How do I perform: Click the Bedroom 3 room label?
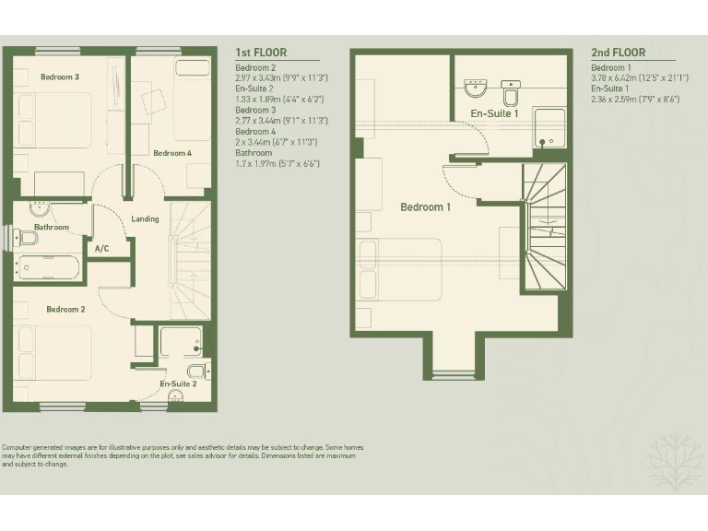pyautogui.click(x=59, y=77)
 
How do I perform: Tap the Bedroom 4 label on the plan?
pyautogui.click(x=172, y=153)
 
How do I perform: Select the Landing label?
pyautogui.click(x=145, y=219)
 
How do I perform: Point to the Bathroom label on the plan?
pyautogui.click(x=52, y=227)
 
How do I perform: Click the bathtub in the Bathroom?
pyautogui.click(x=47, y=268)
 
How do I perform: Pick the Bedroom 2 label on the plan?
pyautogui.click(x=65, y=310)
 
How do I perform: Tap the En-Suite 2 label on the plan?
pyautogui.click(x=178, y=383)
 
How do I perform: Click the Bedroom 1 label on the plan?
pyautogui.click(x=425, y=207)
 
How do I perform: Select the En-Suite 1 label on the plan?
pyautogui.click(x=494, y=113)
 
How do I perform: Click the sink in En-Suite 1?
pyautogui.click(x=475, y=88)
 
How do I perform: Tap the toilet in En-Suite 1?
pyautogui.click(x=511, y=93)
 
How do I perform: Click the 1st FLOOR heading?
pyautogui.click(x=261, y=53)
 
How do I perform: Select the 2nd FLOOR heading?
pyautogui.click(x=618, y=53)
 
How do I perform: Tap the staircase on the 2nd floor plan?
pyautogui.click(x=543, y=227)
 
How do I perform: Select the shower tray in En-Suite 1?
pyautogui.click(x=549, y=128)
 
